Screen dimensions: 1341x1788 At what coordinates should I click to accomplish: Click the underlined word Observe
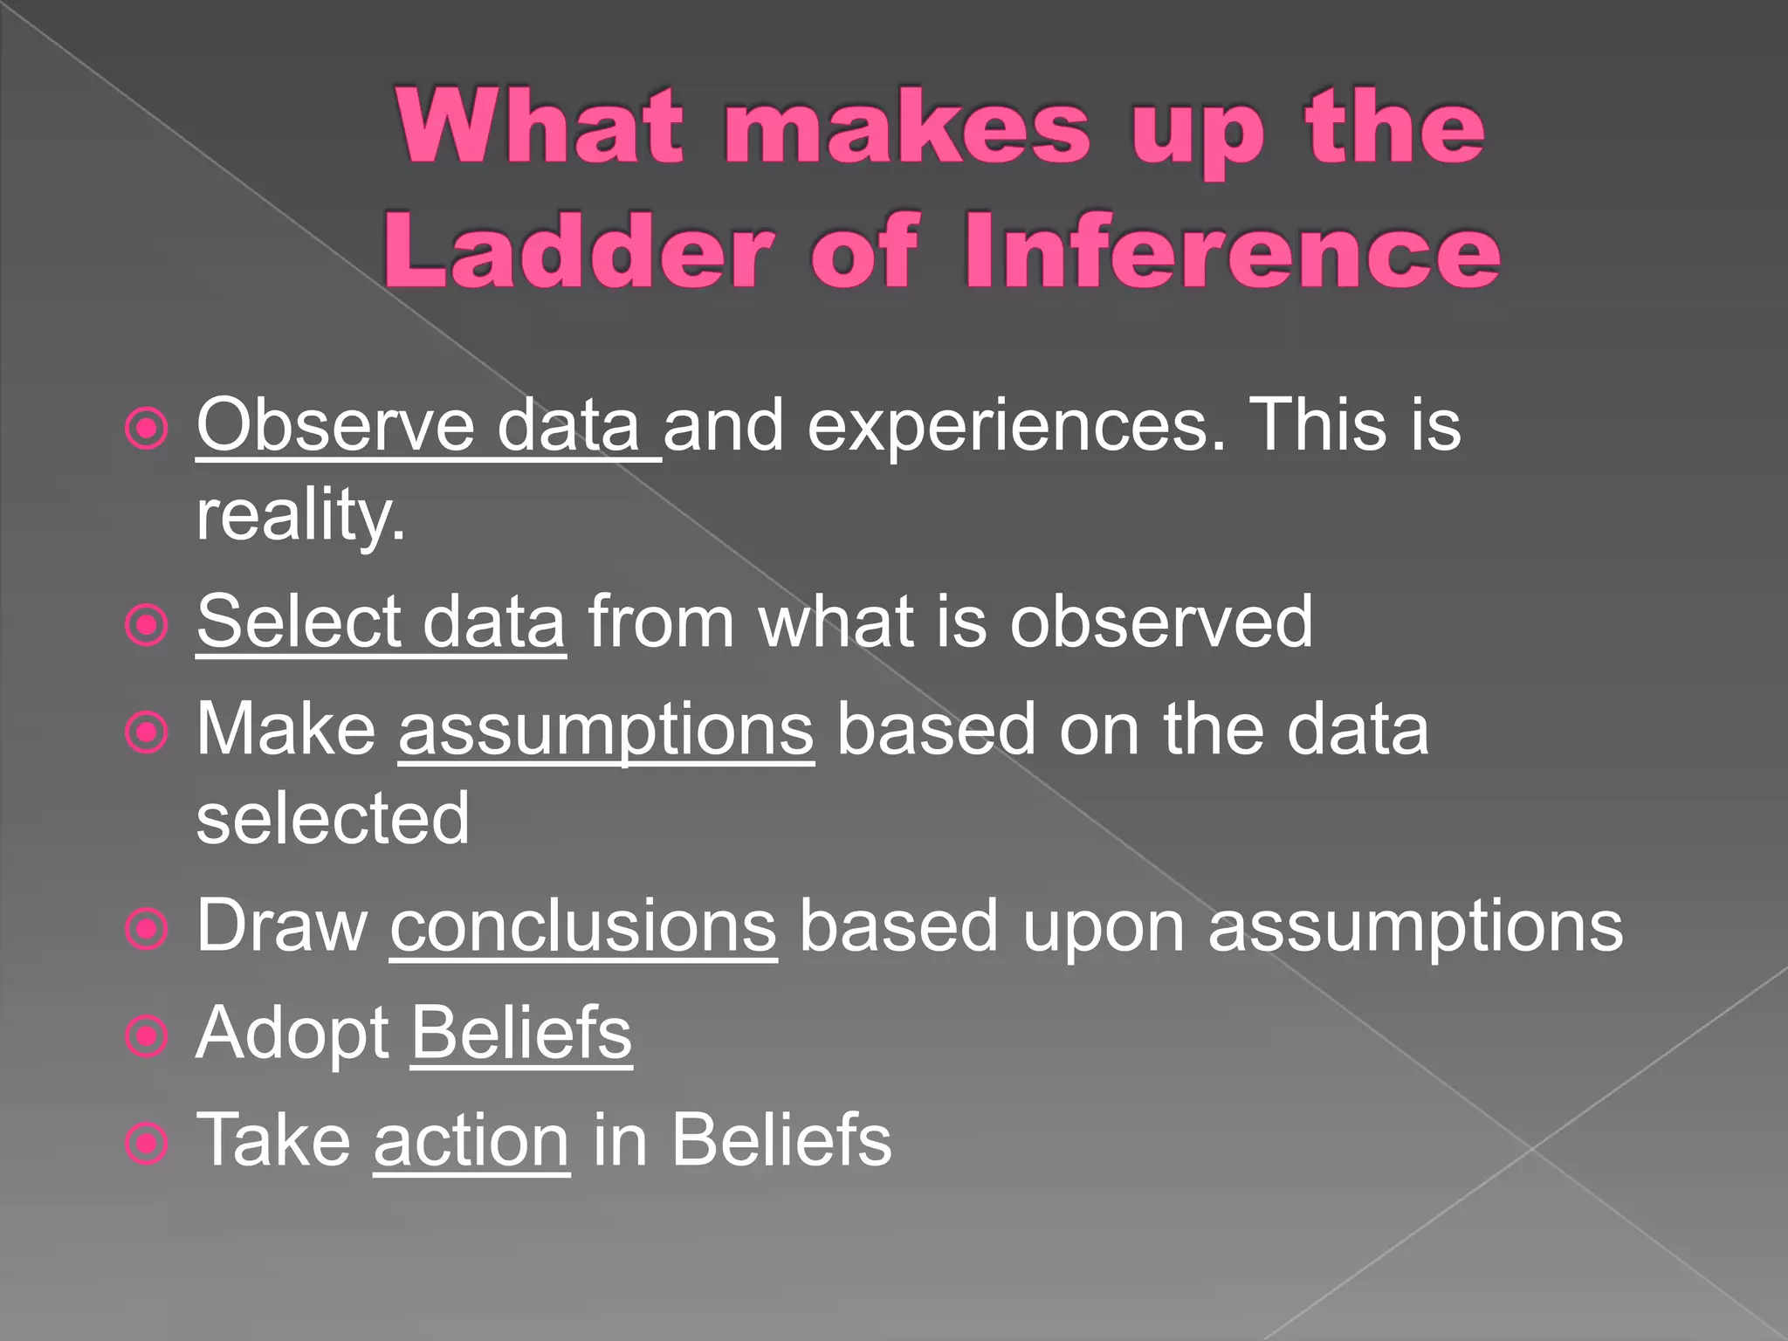pyautogui.click(x=335, y=425)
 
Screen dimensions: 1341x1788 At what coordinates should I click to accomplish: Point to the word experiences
pyautogui.click(x=1016, y=427)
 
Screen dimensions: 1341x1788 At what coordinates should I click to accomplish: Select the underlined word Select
pyautogui.click(x=298, y=621)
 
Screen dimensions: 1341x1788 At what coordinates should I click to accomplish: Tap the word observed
pyautogui.click(x=1161, y=621)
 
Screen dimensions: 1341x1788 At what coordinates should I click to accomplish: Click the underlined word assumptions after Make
pyautogui.click(x=606, y=730)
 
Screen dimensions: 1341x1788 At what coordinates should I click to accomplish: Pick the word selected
pyautogui.click(x=333, y=818)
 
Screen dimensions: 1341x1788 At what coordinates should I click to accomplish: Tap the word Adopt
pyautogui.click(x=292, y=1035)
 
